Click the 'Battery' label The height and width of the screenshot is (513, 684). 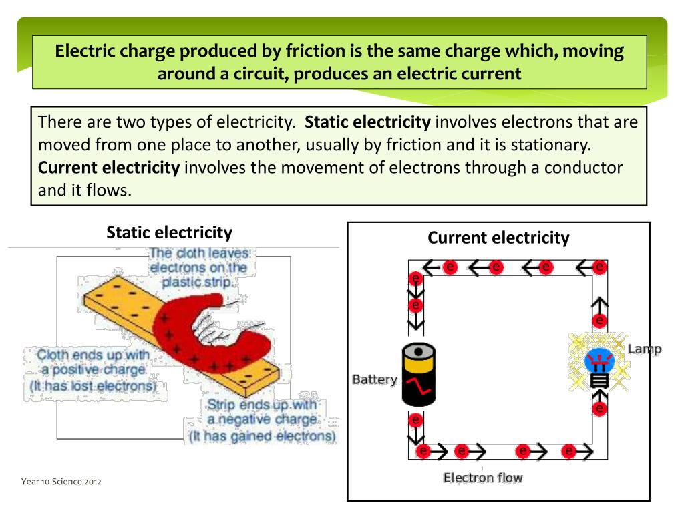[375, 380]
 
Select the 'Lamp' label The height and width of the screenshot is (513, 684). [645, 349]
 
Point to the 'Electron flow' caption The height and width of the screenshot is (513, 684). [483, 478]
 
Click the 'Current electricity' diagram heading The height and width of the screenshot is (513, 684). [498, 238]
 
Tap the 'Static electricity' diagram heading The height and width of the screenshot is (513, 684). [170, 232]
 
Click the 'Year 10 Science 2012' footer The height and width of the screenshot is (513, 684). [61, 482]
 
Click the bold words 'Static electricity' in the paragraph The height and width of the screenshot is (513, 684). [367, 122]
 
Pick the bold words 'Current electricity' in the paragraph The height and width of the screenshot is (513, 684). [109, 167]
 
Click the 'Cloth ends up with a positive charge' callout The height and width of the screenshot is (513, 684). [92, 370]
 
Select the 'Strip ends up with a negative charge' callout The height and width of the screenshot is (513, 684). [262, 420]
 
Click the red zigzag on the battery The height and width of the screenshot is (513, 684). [419, 384]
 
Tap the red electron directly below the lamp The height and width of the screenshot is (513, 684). [600, 408]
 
